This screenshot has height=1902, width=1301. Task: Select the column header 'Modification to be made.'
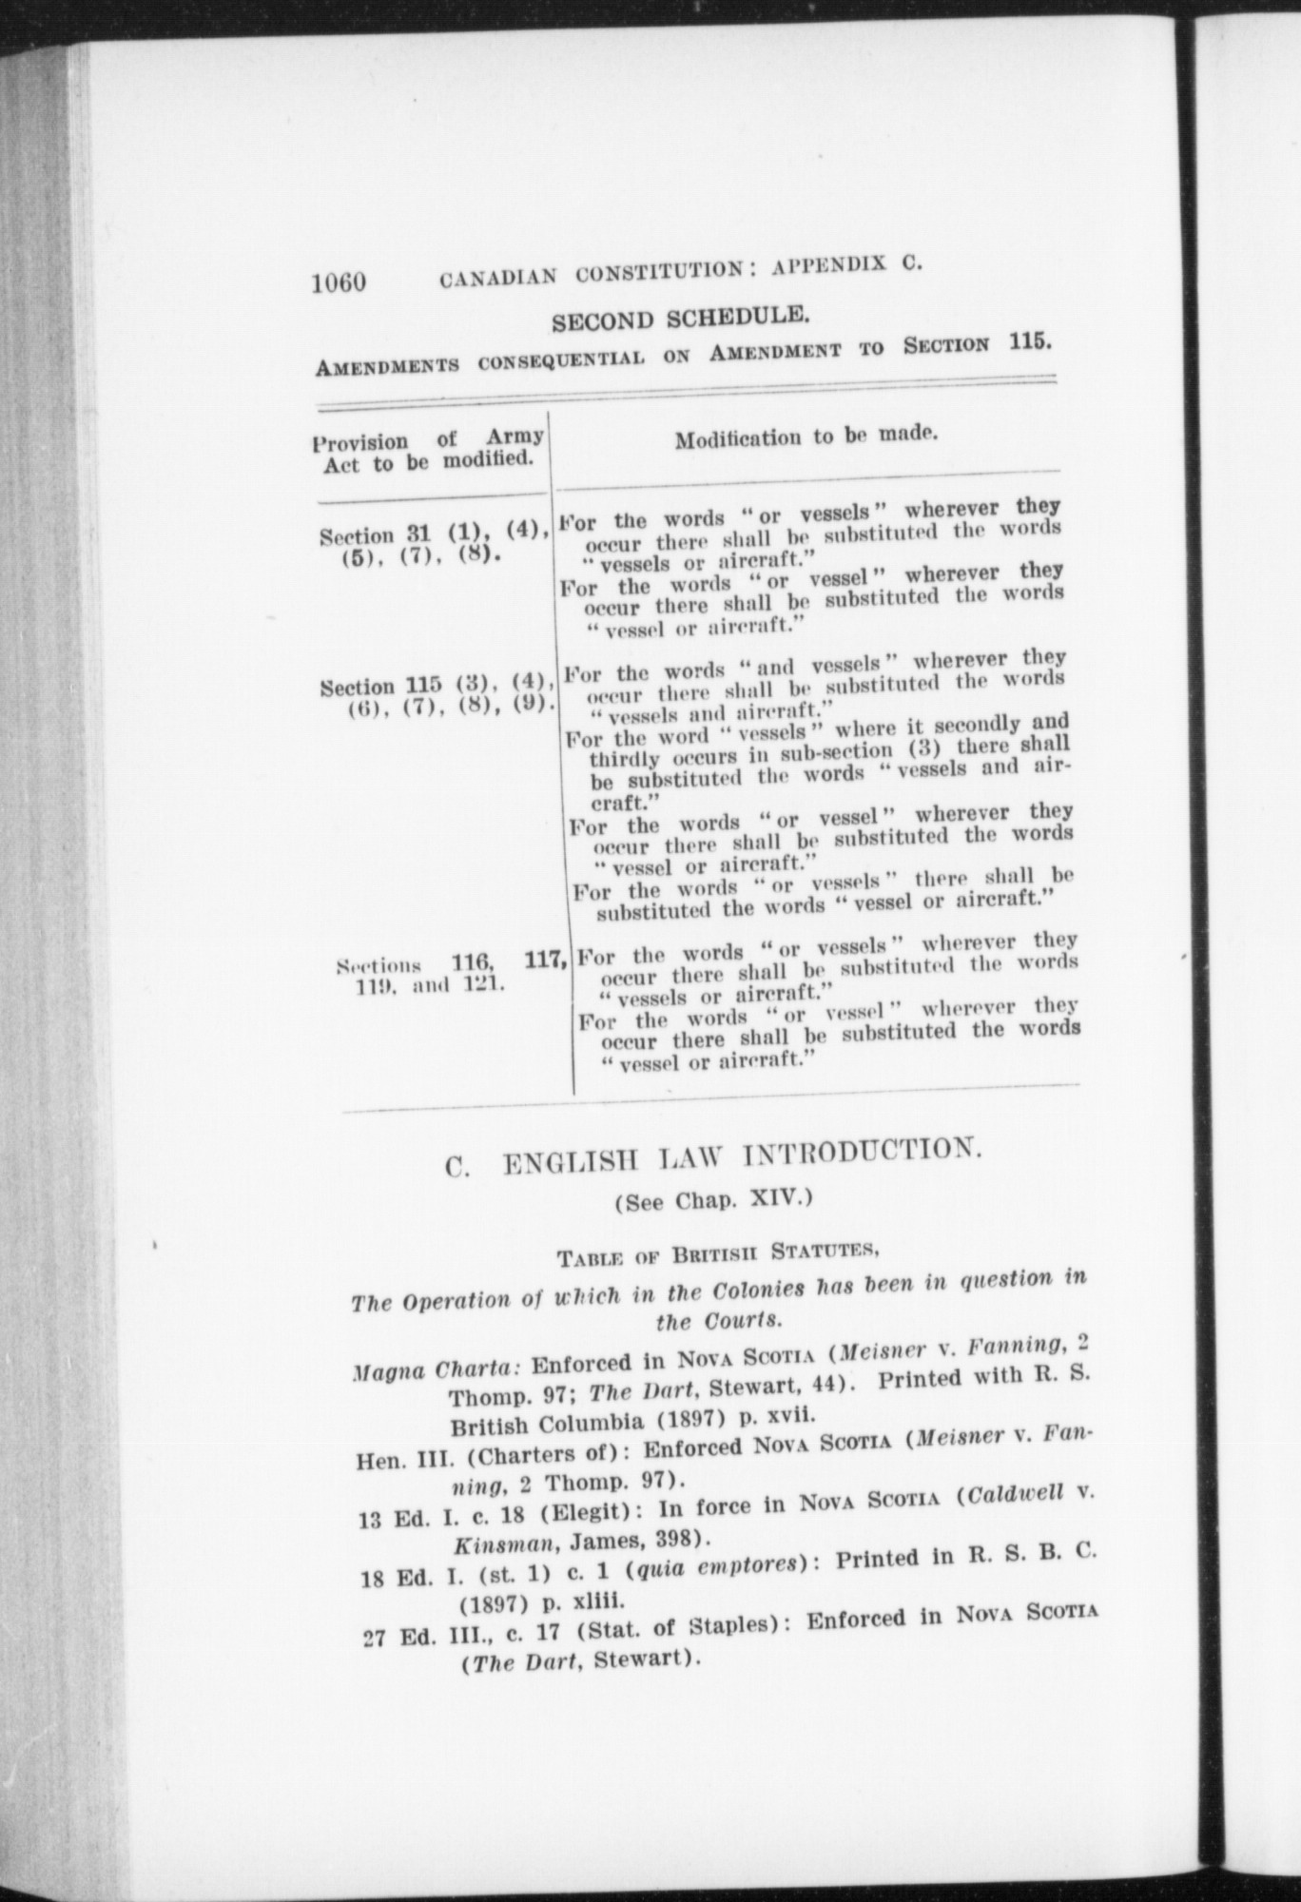[806, 437]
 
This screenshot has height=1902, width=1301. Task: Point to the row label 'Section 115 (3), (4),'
[437, 684]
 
